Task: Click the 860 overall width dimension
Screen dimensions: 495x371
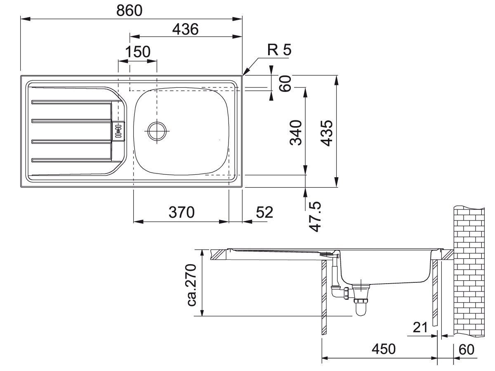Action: pos(129,10)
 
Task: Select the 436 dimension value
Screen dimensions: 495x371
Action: pos(185,29)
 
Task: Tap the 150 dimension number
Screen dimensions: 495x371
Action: pos(137,52)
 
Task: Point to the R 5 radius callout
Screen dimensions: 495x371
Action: pos(279,50)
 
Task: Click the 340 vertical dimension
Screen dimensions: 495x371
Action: pos(296,133)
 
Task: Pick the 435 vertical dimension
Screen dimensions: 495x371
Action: pos(327,133)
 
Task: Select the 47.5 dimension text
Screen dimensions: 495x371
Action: pos(315,217)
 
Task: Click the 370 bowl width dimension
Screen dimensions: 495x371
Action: pos(181,212)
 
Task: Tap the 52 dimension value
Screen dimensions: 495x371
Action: pos(264,212)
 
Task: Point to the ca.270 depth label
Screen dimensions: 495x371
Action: pos(191,285)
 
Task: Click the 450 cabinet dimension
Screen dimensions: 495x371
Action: pos(383,349)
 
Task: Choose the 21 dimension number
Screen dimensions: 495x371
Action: pos(420,327)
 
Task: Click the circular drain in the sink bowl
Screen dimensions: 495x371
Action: pos(157,131)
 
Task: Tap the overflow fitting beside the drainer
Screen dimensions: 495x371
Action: pos(118,131)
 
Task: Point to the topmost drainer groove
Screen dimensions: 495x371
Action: pos(72,102)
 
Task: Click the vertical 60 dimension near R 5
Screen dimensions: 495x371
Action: pos(285,83)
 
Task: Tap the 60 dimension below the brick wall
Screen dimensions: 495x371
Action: pos(467,350)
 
